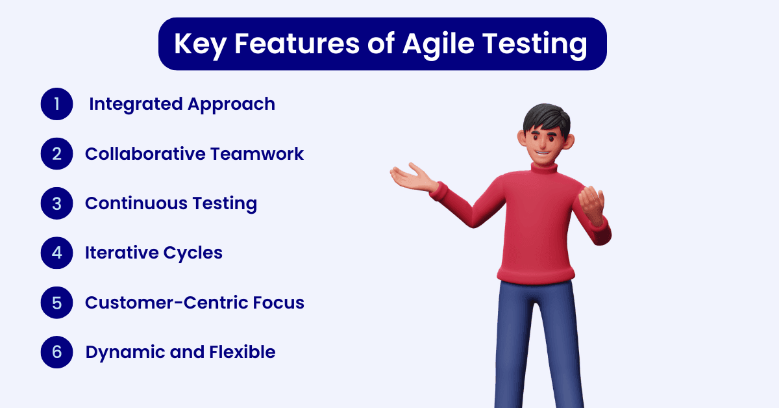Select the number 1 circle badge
click(x=56, y=104)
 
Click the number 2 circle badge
click(x=56, y=154)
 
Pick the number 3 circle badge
click(x=56, y=203)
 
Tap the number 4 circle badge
click(x=56, y=253)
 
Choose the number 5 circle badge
click(x=56, y=303)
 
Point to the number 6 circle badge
click(x=56, y=352)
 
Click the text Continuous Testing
click(x=171, y=203)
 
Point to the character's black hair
click(x=547, y=117)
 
